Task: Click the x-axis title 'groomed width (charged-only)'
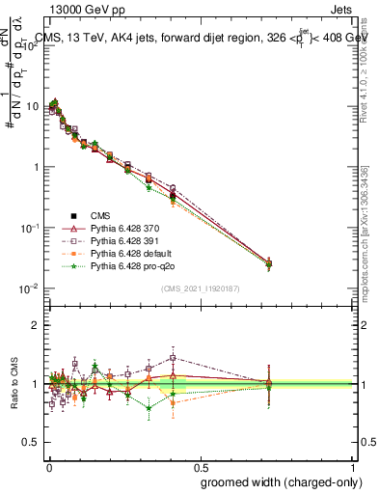[x=275, y=481]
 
